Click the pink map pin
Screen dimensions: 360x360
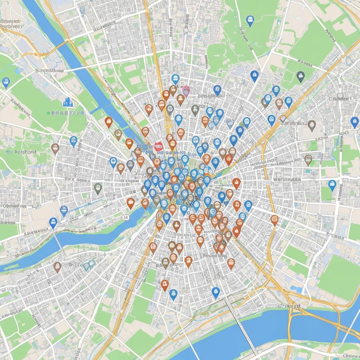click(186, 91)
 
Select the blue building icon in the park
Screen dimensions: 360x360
click(66, 102)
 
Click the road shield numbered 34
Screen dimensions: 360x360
click(126, 218)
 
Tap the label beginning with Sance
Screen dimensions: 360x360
click(50, 70)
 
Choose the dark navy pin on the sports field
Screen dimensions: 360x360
click(300, 76)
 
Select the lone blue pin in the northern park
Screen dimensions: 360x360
click(250, 20)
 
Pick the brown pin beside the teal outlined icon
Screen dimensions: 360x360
click(57, 266)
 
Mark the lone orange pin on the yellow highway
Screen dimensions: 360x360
click(275, 220)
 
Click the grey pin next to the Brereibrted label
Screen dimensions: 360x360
click(311, 125)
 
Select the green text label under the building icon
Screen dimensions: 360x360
click(65, 113)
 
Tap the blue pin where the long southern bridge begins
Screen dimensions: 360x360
click(216, 292)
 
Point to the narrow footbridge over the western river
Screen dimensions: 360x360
click(59, 243)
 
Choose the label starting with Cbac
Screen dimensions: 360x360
click(14, 206)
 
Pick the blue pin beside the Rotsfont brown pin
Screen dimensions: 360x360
click(73, 141)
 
